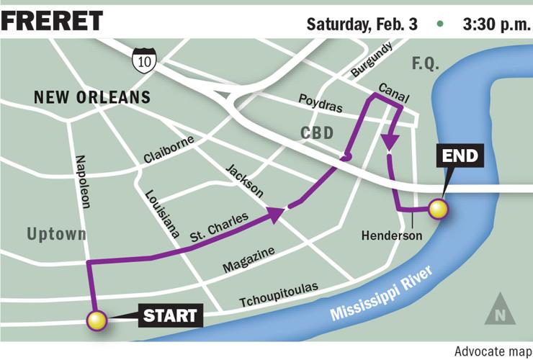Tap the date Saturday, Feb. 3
pos(362,23)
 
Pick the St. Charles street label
pos(219,226)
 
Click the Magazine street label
pos(248,260)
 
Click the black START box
pos(170,315)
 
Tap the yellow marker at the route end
pos(438,210)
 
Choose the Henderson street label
pos(391,235)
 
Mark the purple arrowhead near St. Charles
pos(276,212)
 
